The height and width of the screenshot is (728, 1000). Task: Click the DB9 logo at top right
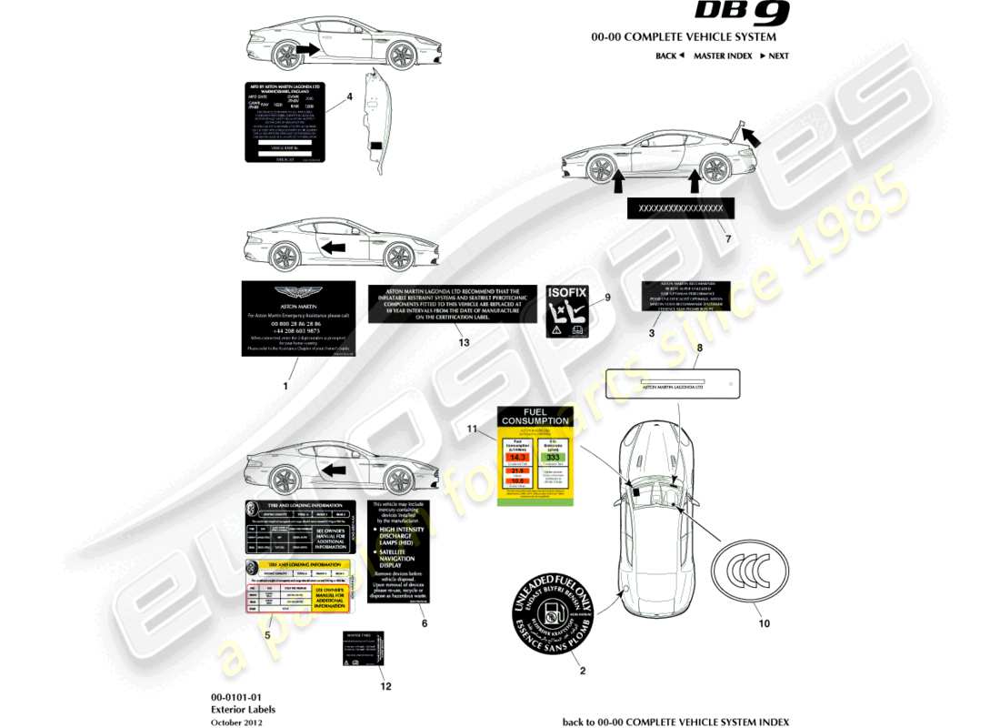[742, 13]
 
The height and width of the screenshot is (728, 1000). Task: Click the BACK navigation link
[669, 56]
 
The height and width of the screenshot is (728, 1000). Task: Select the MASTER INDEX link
[723, 56]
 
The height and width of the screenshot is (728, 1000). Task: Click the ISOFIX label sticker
[567, 311]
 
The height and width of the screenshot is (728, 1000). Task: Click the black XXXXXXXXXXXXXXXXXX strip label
[681, 208]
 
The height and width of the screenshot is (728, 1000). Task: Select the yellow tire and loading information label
[299, 586]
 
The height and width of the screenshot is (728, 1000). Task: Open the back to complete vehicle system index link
[675, 722]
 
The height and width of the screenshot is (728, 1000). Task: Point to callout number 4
[349, 96]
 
